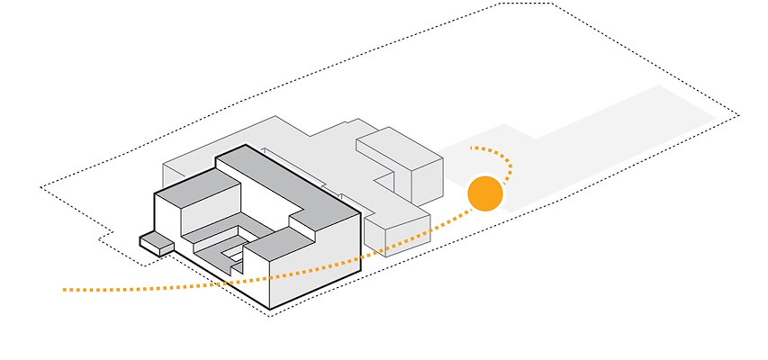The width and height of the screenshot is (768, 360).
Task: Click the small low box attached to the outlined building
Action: coord(156,242)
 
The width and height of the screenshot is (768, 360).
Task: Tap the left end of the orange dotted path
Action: coord(65,290)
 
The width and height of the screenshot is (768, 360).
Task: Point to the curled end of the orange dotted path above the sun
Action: coord(472,148)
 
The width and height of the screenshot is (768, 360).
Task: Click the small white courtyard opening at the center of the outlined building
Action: coord(237,256)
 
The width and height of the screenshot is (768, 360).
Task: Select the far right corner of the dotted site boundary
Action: coord(738,115)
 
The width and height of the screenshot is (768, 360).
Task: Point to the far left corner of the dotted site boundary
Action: coord(41,187)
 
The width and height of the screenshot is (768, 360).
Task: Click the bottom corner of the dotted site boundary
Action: coord(269,316)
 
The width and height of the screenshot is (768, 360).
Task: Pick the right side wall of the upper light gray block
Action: coord(427,180)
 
